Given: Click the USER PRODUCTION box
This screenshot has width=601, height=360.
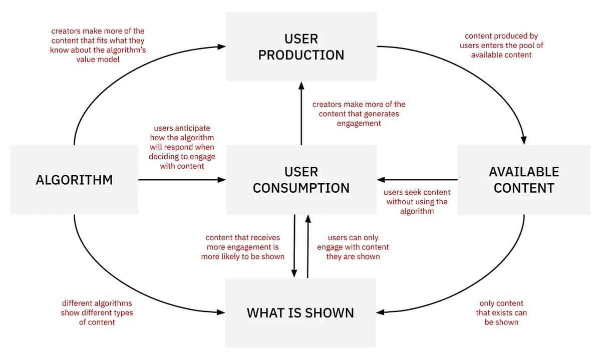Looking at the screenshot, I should click(x=301, y=47).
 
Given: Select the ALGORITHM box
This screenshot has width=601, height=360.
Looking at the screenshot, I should click(x=74, y=180).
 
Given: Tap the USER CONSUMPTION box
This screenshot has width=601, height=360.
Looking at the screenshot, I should click(x=301, y=180).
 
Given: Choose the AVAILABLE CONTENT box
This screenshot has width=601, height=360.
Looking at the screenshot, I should click(x=524, y=180).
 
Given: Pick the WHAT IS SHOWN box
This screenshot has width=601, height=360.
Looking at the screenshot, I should click(x=300, y=313).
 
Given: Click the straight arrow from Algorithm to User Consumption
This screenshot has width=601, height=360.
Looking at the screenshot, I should click(x=180, y=180).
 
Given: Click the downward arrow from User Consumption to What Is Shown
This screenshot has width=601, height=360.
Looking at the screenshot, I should click(x=294, y=245).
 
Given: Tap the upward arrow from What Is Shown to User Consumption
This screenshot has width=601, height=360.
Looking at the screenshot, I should click(x=308, y=245).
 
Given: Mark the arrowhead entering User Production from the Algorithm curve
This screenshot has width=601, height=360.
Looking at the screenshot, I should click(x=222, y=47).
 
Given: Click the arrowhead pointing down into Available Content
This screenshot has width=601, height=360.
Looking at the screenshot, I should click(x=524, y=141).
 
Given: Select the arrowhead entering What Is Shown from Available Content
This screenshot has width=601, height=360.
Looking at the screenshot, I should click(x=380, y=312).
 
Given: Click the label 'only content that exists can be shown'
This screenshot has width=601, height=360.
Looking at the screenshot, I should click(x=501, y=313).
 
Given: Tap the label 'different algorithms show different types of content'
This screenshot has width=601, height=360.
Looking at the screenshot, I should click(x=97, y=313).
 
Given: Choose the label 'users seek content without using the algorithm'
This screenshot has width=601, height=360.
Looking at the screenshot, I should click(x=417, y=202).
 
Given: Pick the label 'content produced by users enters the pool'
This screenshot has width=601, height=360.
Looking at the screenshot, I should click(x=501, y=46).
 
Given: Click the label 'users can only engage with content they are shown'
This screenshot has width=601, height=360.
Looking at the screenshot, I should click(x=353, y=247).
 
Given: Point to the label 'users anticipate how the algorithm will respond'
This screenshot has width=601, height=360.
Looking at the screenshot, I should click(x=182, y=147).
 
